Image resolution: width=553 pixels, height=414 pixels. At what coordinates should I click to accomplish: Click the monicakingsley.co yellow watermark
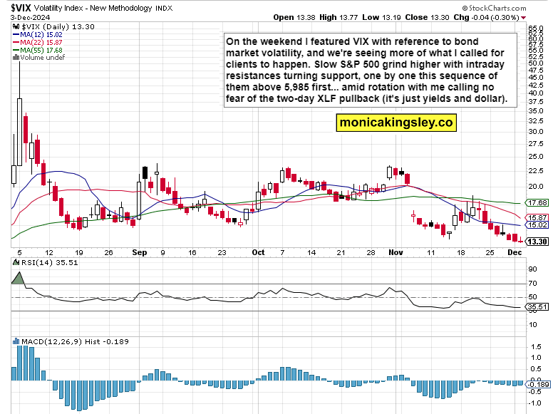(x=396, y=123)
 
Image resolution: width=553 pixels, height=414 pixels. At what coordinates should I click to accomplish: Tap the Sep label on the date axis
(x=138, y=252)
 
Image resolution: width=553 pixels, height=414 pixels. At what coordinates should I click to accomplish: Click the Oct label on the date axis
(x=258, y=252)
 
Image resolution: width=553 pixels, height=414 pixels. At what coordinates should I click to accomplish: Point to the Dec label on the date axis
(x=514, y=252)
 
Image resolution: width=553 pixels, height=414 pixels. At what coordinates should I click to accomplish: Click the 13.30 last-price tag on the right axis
(x=537, y=242)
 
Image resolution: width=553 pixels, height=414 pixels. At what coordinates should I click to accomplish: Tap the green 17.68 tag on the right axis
(x=537, y=204)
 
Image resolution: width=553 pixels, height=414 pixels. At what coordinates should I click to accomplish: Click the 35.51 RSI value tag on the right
(x=537, y=307)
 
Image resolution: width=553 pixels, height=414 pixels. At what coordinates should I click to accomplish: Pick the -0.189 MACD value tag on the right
(x=537, y=383)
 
